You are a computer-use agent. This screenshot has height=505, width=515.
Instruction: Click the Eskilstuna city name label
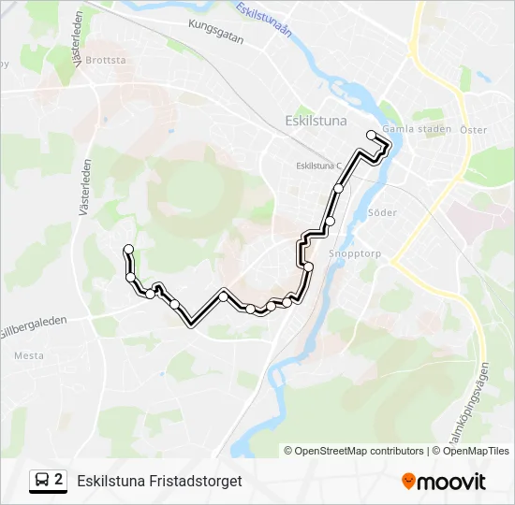(315, 121)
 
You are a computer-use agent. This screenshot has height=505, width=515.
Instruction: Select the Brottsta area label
(105, 60)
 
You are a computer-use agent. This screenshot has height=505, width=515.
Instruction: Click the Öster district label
(474, 130)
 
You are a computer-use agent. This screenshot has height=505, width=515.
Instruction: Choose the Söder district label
(383, 212)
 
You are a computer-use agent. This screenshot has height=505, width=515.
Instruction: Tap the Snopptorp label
(353, 253)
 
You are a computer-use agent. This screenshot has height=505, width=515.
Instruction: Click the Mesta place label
(29, 355)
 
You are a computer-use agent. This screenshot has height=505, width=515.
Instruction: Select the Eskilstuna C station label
(319, 166)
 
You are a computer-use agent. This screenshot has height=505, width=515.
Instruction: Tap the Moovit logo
(444, 482)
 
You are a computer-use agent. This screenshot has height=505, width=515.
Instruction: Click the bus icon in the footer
(42, 481)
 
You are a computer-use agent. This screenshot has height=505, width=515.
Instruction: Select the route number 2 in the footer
(59, 481)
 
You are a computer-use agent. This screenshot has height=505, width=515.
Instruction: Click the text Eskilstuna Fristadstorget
(159, 481)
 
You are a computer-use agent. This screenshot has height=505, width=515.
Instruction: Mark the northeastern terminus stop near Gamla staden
(372, 135)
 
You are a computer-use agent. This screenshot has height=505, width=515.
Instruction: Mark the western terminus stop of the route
(128, 249)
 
